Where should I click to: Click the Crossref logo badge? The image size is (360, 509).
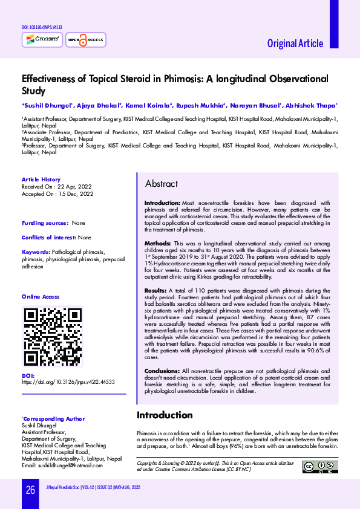pyautogui.click(x=38, y=40)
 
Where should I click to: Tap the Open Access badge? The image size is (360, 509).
pyautogui.click(x=85, y=40)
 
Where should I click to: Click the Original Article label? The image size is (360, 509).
pyautogui.click(x=295, y=44)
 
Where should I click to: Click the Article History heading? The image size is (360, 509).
pyautogui.click(x=41, y=180)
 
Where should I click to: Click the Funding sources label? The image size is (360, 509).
pyautogui.click(x=44, y=223)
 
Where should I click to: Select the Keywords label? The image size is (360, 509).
pyautogui.click(x=36, y=251)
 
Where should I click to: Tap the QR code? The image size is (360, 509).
pyautogui.click(x=52, y=337)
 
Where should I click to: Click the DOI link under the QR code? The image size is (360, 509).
pyautogui.click(x=68, y=383)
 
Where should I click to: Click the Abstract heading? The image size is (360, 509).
pyautogui.click(x=162, y=184)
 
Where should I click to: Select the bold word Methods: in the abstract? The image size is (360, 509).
pyautogui.click(x=157, y=243)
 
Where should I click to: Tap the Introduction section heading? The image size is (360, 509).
pyautogui.click(x=165, y=415)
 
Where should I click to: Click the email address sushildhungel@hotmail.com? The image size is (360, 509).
pyautogui.click(x=62, y=465)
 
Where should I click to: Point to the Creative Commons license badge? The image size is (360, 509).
pyautogui.click(x=320, y=467)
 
